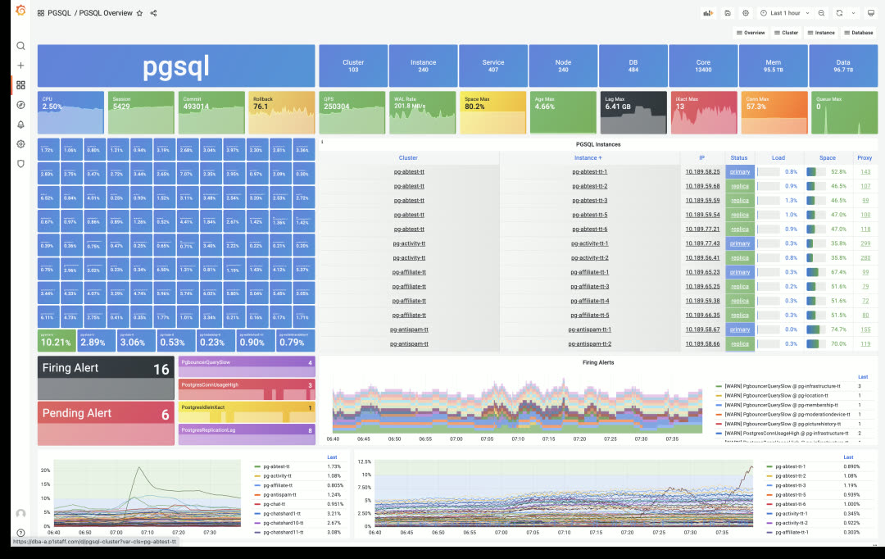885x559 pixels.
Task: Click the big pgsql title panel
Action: pyautogui.click(x=176, y=66)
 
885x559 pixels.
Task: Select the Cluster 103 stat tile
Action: pyautogui.click(x=353, y=66)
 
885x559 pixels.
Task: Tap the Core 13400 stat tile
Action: pyautogui.click(x=703, y=66)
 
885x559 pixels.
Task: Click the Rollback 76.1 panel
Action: pyautogui.click(x=280, y=112)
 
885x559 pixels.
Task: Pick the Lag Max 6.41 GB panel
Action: pyautogui.click(x=633, y=112)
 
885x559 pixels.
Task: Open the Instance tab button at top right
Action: pyautogui.click(x=821, y=33)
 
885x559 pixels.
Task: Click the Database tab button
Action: pyautogui.click(x=858, y=33)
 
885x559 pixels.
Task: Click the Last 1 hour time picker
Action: pyautogui.click(x=786, y=13)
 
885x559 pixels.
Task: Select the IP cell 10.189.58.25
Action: pyautogui.click(x=702, y=171)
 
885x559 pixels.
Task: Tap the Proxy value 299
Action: pyautogui.click(x=865, y=243)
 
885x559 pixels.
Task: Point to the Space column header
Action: pyautogui.click(x=828, y=157)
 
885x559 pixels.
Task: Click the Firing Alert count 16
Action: pyautogui.click(x=161, y=370)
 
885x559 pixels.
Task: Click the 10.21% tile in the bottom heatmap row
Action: pyautogui.click(x=57, y=340)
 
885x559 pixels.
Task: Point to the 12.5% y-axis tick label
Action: pyautogui.click(x=365, y=462)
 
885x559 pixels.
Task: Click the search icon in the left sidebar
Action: pyautogui.click(x=20, y=46)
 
